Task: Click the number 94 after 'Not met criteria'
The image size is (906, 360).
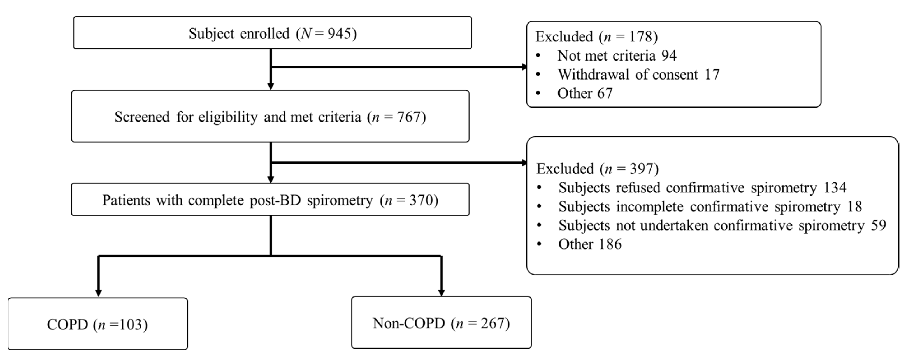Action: (x=669, y=55)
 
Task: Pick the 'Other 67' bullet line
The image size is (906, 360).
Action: (x=585, y=93)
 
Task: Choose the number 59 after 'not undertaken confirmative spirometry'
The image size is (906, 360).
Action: (x=878, y=225)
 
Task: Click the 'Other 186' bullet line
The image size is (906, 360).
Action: (x=590, y=244)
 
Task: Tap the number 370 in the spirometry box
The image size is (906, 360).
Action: (x=421, y=200)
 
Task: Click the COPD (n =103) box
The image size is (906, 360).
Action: (x=97, y=324)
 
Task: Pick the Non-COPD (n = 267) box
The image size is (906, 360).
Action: (x=441, y=323)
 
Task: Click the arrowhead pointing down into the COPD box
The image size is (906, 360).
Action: (x=99, y=293)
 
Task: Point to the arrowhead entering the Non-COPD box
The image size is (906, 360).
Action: (x=442, y=292)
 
